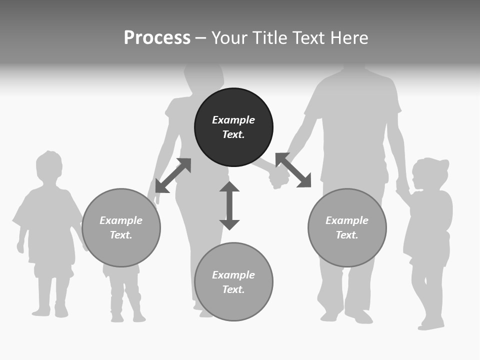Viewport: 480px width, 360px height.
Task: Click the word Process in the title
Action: pyautogui.click(x=157, y=38)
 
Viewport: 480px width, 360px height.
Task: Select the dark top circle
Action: pyautogui.click(x=233, y=127)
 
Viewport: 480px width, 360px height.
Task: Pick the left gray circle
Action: pyautogui.click(x=121, y=227)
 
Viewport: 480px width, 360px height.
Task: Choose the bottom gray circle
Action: pyautogui.click(x=233, y=281)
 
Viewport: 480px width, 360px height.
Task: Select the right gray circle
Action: pyautogui.click(x=347, y=227)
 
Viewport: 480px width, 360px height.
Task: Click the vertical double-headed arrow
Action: pyautogui.click(x=229, y=205)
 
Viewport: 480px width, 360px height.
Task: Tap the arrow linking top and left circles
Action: pyautogui.click(x=173, y=175)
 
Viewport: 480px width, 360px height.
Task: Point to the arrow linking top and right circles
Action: pyautogui.click(x=293, y=170)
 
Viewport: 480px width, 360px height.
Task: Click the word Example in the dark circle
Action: pyautogui.click(x=233, y=120)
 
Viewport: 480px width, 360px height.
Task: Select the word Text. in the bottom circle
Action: pyautogui.click(x=233, y=289)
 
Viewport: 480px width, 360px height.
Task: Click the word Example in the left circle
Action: pyautogui.click(x=121, y=220)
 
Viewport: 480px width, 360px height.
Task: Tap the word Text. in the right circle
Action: pyautogui.click(x=347, y=235)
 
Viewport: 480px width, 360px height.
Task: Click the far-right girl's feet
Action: pyautogui.click(x=431, y=323)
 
